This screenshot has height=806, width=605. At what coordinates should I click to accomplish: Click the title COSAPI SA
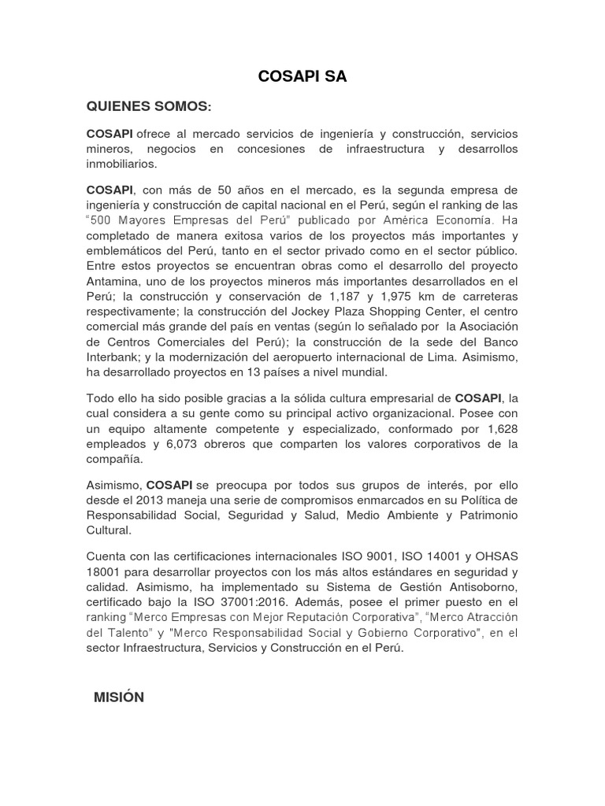click(x=302, y=76)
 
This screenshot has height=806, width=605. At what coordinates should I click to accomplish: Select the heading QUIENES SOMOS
click(x=149, y=106)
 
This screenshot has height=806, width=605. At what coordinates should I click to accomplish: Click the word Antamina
click(x=112, y=280)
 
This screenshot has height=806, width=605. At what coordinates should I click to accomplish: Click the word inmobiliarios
click(x=122, y=164)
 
